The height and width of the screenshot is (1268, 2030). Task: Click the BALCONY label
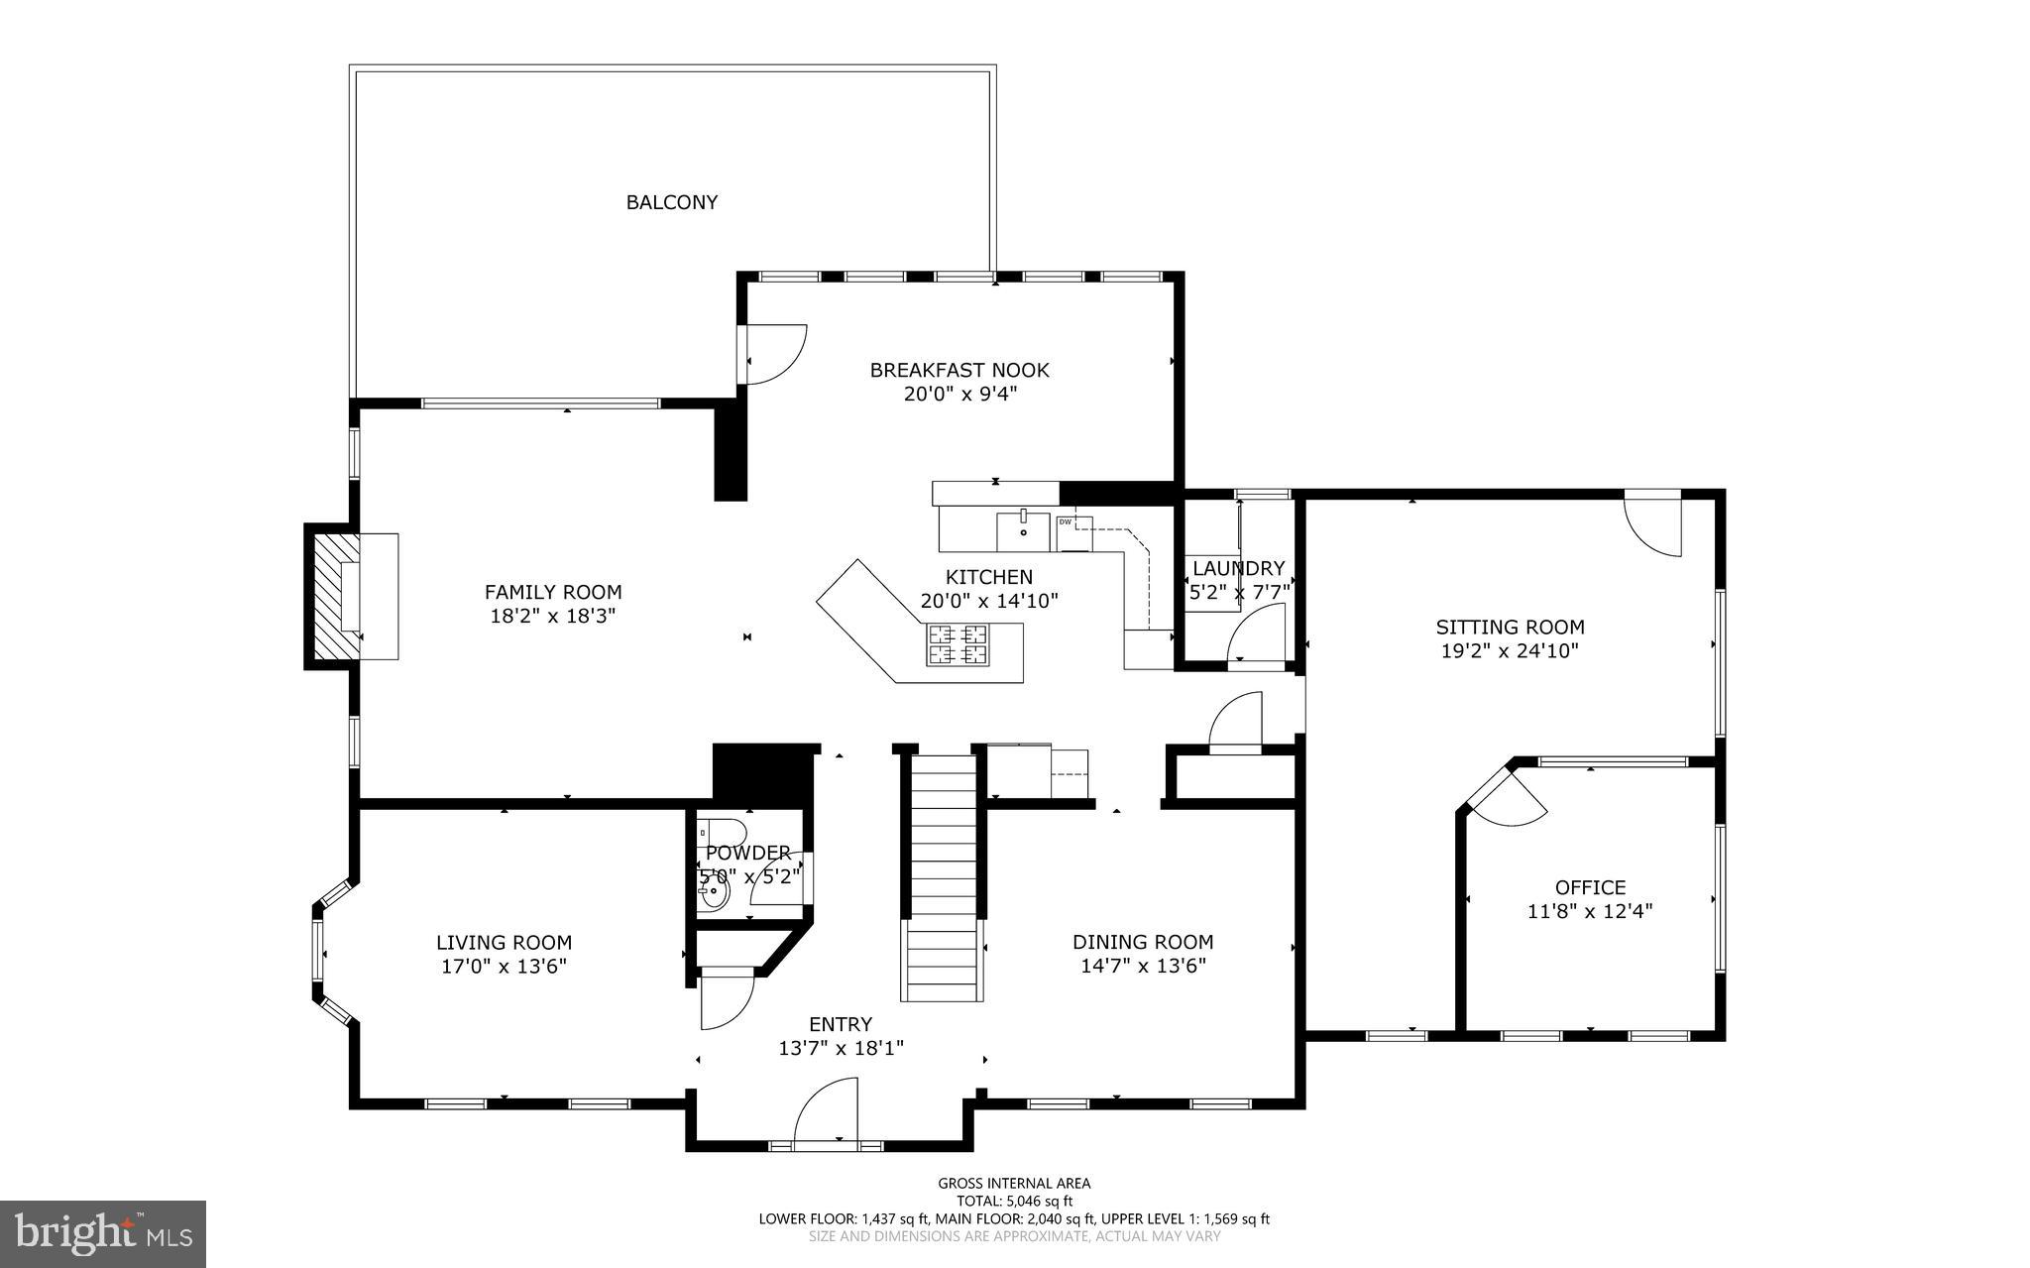click(x=671, y=202)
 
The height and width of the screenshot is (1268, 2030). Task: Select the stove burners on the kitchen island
click(x=957, y=643)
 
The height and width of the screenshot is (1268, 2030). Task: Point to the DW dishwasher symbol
click(x=1067, y=522)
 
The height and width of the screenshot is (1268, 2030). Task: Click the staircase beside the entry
click(x=944, y=877)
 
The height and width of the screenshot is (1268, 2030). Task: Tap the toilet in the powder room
click(x=720, y=831)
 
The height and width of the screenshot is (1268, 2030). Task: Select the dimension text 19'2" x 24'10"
click(x=1510, y=651)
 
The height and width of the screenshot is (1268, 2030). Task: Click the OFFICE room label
click(x=1590, y=887)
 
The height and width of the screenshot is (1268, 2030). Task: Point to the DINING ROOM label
click(x=1143, y=942)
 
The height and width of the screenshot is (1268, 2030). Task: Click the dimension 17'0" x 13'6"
click(x=504, y=967)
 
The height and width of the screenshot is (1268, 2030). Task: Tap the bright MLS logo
click(x=102, y=1233)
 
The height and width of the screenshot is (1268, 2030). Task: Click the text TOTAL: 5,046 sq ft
click(x=1014, y=1201)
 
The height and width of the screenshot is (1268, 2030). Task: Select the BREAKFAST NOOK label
click(x=959, y=370)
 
